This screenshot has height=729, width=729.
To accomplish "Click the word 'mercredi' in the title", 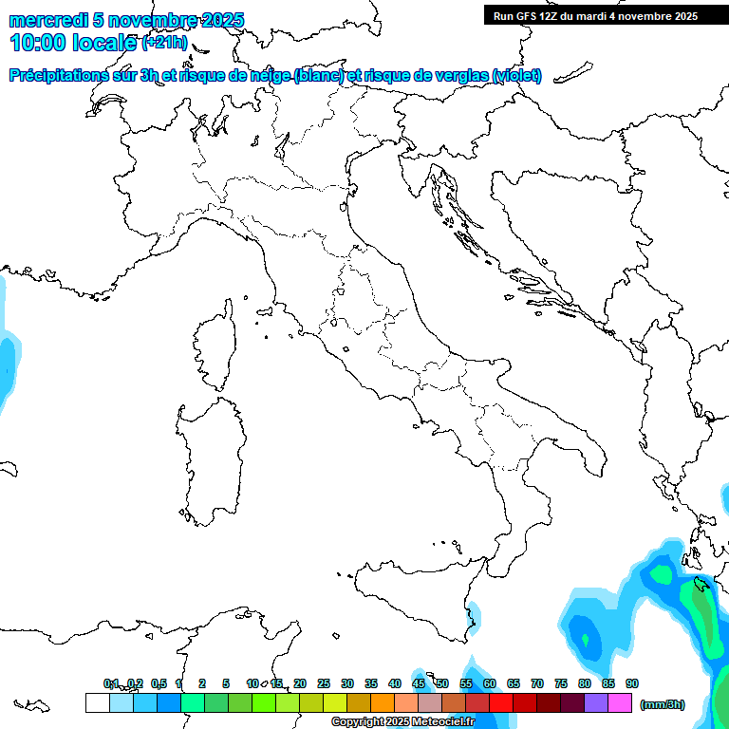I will point(47,20).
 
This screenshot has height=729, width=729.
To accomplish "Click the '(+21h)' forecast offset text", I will point(165,43).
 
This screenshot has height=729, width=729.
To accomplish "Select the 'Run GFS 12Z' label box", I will point(595,16).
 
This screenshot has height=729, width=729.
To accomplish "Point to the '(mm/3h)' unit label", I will point(662,704).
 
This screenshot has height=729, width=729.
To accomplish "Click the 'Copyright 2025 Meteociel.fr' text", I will point(403,721).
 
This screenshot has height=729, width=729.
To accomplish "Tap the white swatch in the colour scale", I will point(97,702).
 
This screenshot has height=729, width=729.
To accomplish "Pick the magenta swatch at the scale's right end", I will point(620,702).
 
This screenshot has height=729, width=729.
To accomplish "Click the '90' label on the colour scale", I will point(632,683).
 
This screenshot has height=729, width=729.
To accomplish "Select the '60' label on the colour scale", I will point(490,683).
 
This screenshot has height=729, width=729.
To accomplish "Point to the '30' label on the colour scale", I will point(347,683).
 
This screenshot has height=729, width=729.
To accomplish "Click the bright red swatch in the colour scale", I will point(501,702).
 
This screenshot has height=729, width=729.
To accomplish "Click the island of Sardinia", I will point(206,456).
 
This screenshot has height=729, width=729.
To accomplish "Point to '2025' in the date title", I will point(220,20).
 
